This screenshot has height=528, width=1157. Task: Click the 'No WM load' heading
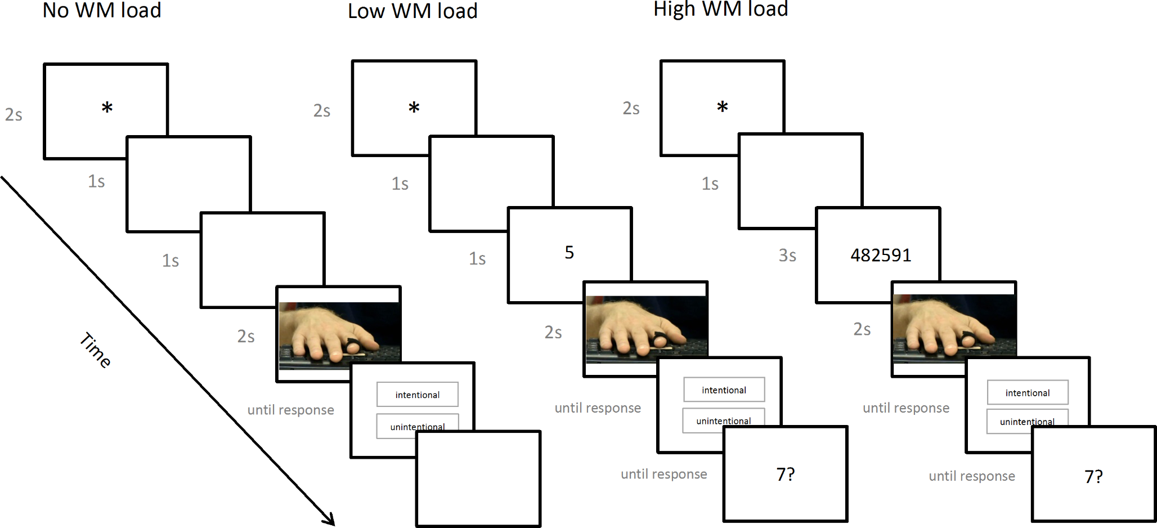(102, 11)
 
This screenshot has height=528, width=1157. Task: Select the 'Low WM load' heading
(412, 11)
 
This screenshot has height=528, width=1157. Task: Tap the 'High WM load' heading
(720, 10)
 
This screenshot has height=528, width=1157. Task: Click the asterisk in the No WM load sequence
(107, 108)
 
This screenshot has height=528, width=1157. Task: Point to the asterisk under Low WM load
(414, 108)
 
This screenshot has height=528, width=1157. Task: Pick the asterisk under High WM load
(723, 107)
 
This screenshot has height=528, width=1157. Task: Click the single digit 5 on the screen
(569, 253)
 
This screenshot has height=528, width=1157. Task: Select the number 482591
(881, 256)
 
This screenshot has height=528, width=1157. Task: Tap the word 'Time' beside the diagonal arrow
(95, 350)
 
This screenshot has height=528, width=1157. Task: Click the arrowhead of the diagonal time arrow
(329, 520)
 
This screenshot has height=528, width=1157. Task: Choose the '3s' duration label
(787, 256)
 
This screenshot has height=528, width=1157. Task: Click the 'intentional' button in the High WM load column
(1028, 393)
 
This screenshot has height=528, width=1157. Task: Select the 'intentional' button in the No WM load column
(418, 395)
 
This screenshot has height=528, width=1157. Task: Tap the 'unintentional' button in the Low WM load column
(724, 420)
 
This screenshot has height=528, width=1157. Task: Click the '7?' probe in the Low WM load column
(786, 475)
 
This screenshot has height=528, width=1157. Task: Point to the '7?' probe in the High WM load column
(1093, 477)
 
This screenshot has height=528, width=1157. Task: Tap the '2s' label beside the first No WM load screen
(14, 115)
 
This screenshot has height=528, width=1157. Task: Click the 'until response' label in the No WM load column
(290, 410)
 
